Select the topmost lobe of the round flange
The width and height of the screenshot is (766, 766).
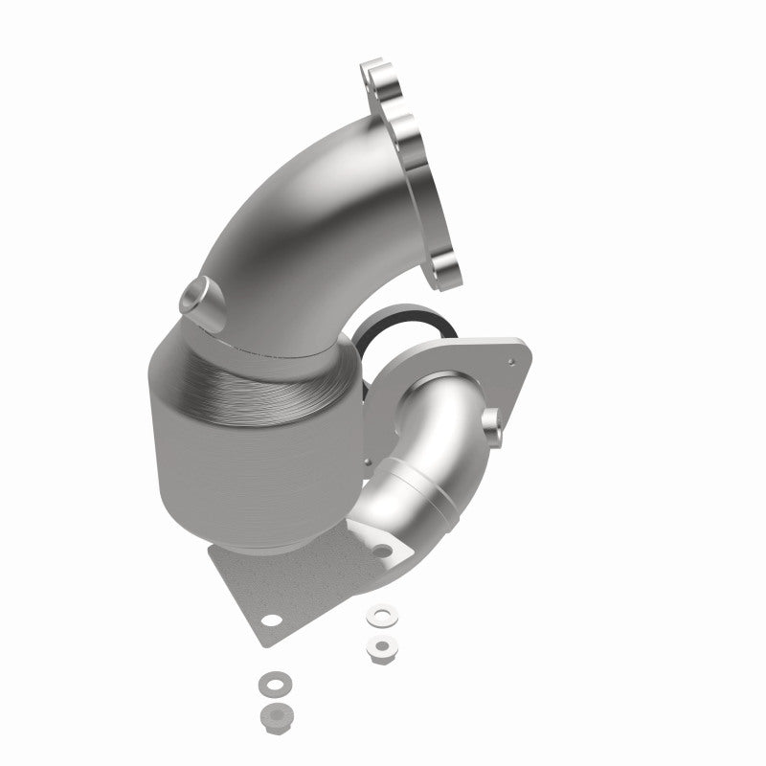tap(375, 74)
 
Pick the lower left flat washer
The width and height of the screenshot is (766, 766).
tap(269, 684)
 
